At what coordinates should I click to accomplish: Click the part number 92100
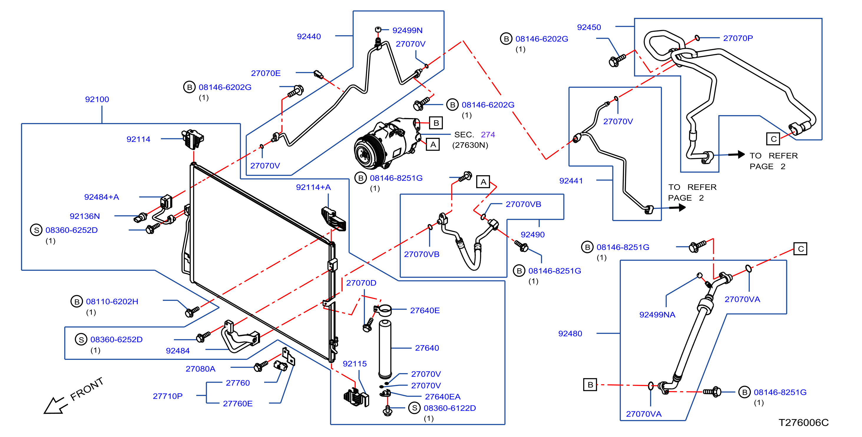click(x=97, y=99)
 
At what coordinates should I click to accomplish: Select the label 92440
click(x=309, y=37)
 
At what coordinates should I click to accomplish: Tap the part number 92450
click(x=589, y=27)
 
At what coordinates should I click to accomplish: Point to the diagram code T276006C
click(x=803, y=423)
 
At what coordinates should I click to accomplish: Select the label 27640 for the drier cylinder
click(x=427, y=348)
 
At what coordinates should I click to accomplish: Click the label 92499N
click(x=407, y=30)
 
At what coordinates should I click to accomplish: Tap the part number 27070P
click(x=738, y=38)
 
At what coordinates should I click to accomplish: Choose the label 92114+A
click(x=313, y=187)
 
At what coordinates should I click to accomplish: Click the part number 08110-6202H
click(x=112, y=302)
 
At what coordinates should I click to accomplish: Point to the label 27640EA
click(x=443, y=397)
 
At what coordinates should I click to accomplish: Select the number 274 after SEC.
click(x=488, y=135)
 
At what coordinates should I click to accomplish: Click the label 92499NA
click(x=657, y=314)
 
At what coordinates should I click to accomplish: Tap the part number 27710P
click(x=168, y=396)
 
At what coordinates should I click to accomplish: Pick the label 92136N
click(x=85, y=216)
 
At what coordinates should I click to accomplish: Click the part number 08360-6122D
click(x=450, y=408)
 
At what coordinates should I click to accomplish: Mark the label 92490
click(x=533, y=235)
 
